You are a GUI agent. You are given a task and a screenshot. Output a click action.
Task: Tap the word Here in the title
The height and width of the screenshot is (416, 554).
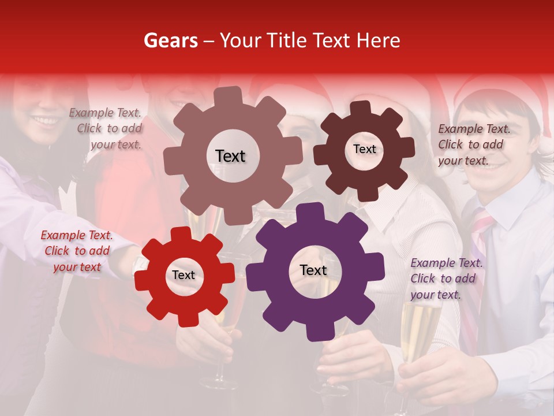pyautogui.click(x=378, y=40)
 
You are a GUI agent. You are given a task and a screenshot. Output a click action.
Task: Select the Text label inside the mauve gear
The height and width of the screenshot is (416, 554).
pyautogui.click(x=230, y=156)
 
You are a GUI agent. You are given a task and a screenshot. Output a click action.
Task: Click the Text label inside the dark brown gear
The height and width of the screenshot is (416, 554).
pyautogui.click(x=364, y=149)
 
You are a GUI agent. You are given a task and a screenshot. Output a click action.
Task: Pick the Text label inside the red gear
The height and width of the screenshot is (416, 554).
pyautogui.click(x=184, y=275)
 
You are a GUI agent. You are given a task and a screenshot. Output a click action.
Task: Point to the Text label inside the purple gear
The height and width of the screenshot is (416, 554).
pyautogui.click(x=313, y=270)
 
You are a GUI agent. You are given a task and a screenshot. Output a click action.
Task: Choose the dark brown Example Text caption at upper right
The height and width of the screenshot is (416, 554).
pyautogui.click(x=473, y=144)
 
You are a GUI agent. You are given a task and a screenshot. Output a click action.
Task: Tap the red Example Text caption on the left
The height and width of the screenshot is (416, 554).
pyautogui.click(x=76, y=251)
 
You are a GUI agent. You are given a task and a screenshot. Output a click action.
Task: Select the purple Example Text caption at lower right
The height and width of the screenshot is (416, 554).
pyautogui.click(x=446, y=278)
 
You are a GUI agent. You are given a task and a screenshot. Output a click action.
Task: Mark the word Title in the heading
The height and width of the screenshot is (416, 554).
pyautogui.click(x=286, y=40)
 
